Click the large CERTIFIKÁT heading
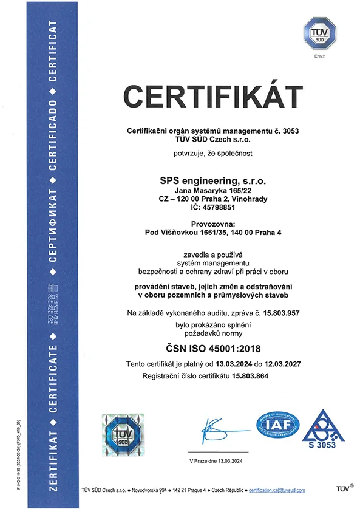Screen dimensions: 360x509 pyautogui.click(x=213, y=98)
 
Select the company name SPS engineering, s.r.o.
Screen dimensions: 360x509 pyautogui.click(x=212, y=180)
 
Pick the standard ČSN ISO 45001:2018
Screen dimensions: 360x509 pyautogui.click(x=212, y=348)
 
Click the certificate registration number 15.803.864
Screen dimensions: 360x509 pyautogui.click(x=249, y=377)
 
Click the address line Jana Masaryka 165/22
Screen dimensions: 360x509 pyautogui.click(x=212, y=190)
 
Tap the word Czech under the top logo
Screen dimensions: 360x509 pyautogui.click(x=319, y=56)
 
